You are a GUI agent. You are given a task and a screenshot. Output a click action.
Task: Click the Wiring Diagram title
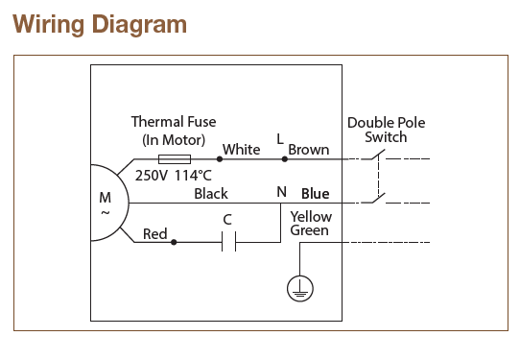coord(100,24)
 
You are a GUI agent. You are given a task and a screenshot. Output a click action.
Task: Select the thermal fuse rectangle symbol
coord(175,158)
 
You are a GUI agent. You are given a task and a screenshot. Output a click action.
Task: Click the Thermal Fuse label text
coord(174,122)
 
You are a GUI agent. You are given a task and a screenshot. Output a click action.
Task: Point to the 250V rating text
coord(153,176)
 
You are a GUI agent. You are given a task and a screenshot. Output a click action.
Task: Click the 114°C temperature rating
coord(193,176)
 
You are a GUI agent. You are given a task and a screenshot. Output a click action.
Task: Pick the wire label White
coord(241,150)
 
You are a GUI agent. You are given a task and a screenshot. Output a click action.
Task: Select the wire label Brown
coord(309,150)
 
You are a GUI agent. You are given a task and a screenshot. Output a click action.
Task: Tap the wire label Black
coord(211,193)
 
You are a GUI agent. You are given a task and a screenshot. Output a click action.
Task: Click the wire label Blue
coord(315,193)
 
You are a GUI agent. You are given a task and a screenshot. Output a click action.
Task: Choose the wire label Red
coord(155,233)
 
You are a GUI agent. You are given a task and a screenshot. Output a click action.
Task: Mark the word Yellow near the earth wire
coord(311,217)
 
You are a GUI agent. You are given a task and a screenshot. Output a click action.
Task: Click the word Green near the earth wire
coord(310,230)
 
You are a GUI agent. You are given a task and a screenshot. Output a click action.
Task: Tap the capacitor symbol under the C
coord(228,243)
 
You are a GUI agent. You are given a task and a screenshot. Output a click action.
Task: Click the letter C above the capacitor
coord(227,219)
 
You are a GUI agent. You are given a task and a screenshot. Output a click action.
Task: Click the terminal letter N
coord(281,192)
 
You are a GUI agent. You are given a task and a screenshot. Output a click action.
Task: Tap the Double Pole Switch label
coord(386,130)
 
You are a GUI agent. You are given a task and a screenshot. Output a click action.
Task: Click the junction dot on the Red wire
coord(174,243)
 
